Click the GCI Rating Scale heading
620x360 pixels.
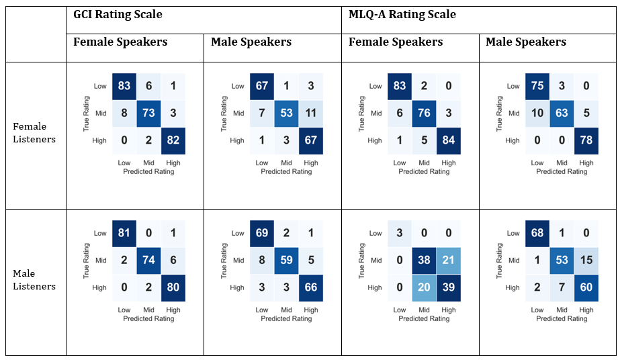pyautogui.click(x=118, y=14)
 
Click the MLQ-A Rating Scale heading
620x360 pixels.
pyautogui.click(x=402, y=14)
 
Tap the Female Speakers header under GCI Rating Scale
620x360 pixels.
pyautogui.click(x=120, y=42)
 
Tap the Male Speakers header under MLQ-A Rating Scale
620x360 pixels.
pyautogui.click(x=526, y=42)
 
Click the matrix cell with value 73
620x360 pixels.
pyautogui.click(x=148, y=114)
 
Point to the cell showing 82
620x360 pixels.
pyautogui.click(x=174, y=140)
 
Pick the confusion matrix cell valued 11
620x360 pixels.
pyautogui.click(x=312, y=114)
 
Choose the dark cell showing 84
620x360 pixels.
pyautogui.click(x=449, y=140)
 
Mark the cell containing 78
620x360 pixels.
pyautogui.click(x=586, y=140)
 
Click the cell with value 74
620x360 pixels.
pyautogui.click(x=148, y=261)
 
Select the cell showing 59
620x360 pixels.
pyautogui.click(x=286, y=261)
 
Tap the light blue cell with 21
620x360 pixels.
pyautogui.click(x=449, y=261)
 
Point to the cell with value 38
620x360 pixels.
pyautogui.click(x=423, y=261)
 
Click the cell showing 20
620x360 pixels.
pyautogui.click(x=423, y=287)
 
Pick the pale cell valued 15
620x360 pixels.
pyautogui.click(x=586, y=261)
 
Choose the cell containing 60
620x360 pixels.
pyautogui.click(x=586, y=287)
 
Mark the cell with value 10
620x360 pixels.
pyautogui.click(x=537, y=114)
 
